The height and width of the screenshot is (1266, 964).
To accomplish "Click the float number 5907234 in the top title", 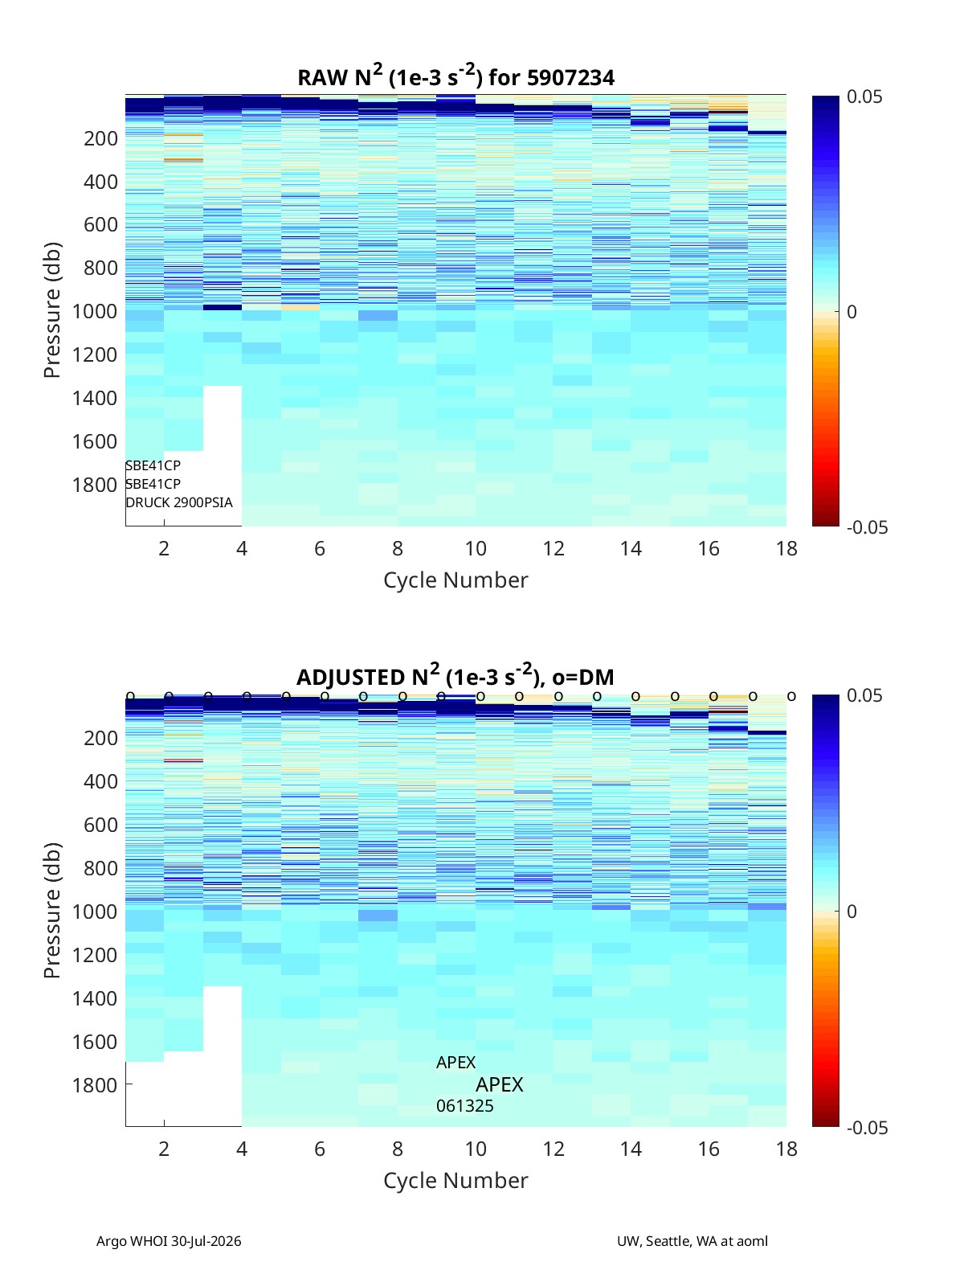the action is click(x=570, y=78).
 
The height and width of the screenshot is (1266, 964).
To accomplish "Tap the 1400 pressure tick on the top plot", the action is click(x=95, y=398).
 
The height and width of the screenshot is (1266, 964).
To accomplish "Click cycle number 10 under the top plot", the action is click(x=476, y=548).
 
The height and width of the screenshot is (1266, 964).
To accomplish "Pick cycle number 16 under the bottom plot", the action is click(x=709, y=1149).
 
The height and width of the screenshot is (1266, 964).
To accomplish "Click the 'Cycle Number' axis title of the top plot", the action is click(x=455, y=580).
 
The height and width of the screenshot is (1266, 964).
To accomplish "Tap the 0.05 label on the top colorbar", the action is click(x=864, y=97).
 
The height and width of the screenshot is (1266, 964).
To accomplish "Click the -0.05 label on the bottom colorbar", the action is click(x=867, y=1129).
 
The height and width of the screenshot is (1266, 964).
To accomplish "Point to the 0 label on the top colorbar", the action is click(x=852, y=312).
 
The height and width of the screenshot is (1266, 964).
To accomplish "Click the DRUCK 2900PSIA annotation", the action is click(x=179, y=502).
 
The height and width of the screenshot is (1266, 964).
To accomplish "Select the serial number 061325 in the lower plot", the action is click(x=464, y=1106).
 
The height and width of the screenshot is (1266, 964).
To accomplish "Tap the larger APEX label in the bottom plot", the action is click(x=499, y=1085).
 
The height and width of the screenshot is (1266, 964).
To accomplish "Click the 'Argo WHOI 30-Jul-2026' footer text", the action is click(x=169, y=1241).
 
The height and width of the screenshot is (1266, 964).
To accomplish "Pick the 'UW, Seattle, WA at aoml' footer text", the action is click(x=692, y=1241).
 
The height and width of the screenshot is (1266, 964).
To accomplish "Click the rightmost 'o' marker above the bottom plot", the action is click(x=791, y=697).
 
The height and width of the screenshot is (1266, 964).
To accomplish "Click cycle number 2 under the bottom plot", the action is click(x=164, y=1149).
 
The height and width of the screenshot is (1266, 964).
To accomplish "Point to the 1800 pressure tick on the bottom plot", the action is click(x=95, y=1085).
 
